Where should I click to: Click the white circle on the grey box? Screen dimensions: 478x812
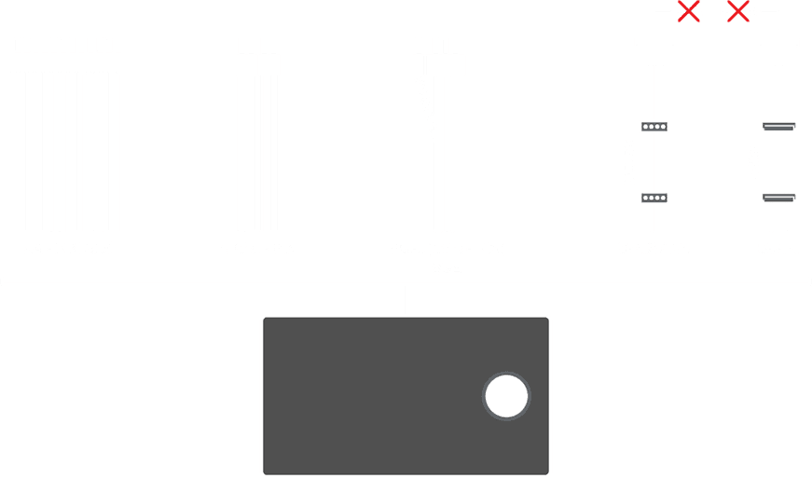point(506,396)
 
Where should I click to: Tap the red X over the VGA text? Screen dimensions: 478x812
point(689,12)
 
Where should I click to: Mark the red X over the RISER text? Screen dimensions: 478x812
point(738,12)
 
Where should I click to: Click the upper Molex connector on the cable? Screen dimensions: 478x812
point(654,127)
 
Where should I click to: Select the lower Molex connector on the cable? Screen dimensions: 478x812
point(654,198)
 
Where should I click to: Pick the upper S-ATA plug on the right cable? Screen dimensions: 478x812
point(778,127)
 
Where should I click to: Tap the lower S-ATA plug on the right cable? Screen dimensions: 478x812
point(778,198)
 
